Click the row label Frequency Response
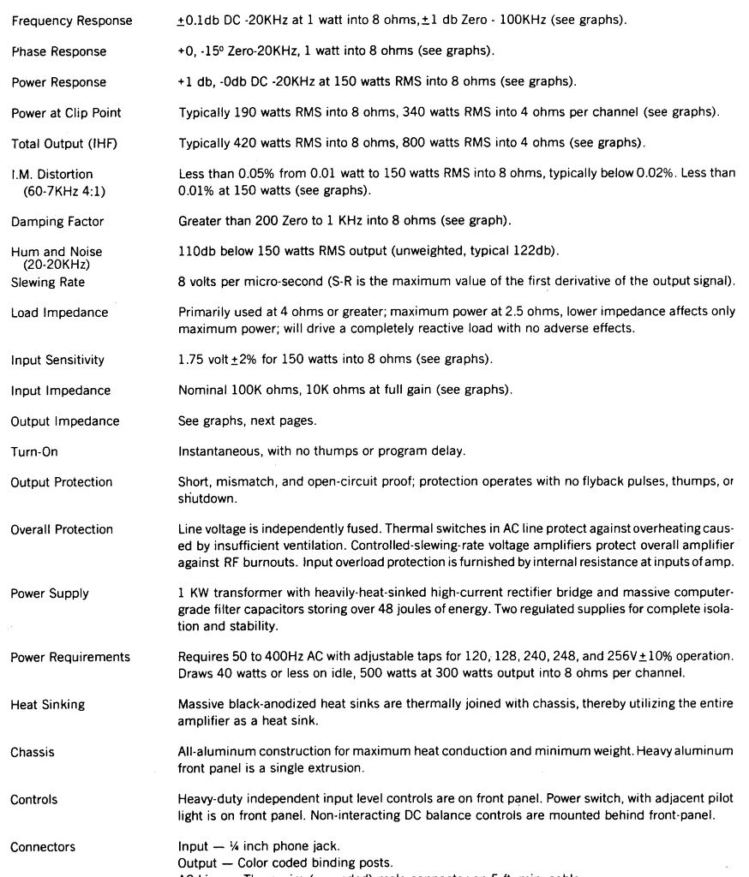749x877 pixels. pos(71,21)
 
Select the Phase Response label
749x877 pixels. pos(58,51)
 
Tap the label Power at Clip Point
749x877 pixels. pos(65,113)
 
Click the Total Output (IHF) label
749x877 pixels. pos(63,143)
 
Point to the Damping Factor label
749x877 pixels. pos(57,222)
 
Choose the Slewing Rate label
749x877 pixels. pos(47,282)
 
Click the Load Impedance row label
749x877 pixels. pos(59,313)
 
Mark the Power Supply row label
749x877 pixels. pos(49,594)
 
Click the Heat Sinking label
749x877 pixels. pos(47,705)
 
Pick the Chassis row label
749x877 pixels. pos(33,752)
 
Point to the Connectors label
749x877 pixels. pos(43,847)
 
